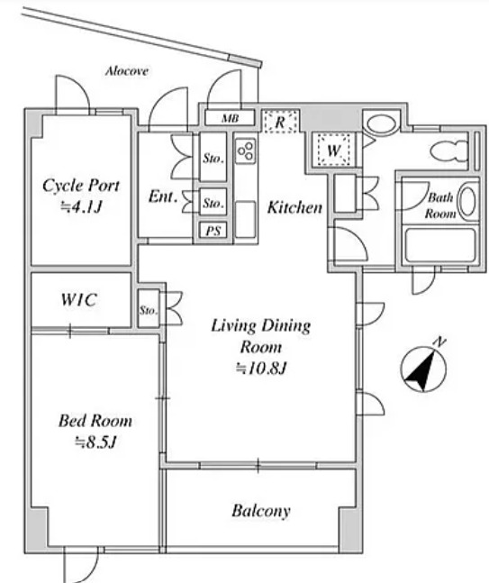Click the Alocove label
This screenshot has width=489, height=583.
point(127,70)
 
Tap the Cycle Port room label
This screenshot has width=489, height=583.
point(81,186)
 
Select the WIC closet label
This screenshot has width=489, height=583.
point(79,299)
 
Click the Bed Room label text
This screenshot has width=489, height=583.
point(95,421)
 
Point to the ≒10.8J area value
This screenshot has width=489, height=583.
point(261,369)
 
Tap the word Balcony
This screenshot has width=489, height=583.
point(261,511)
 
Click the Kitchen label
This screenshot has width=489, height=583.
point(294,207)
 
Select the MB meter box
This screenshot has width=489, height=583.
point(230,118)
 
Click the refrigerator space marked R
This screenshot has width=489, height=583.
point(280,122)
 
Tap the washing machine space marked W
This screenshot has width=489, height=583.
point(333,150)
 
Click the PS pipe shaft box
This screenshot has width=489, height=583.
point(213,231)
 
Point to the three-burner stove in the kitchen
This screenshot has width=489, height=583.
point(245,151)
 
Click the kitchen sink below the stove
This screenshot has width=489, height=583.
point(246,219)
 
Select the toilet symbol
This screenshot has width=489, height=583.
point(448,151)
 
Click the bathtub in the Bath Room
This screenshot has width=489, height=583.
point(440,245)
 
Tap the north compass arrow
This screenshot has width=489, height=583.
point(423,370)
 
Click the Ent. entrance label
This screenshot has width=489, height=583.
point(162,196)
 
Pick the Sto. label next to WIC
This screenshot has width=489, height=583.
point(149,310)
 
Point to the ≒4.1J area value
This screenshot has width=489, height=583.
point(81,207)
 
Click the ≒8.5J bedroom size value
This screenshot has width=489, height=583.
point(95,442)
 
